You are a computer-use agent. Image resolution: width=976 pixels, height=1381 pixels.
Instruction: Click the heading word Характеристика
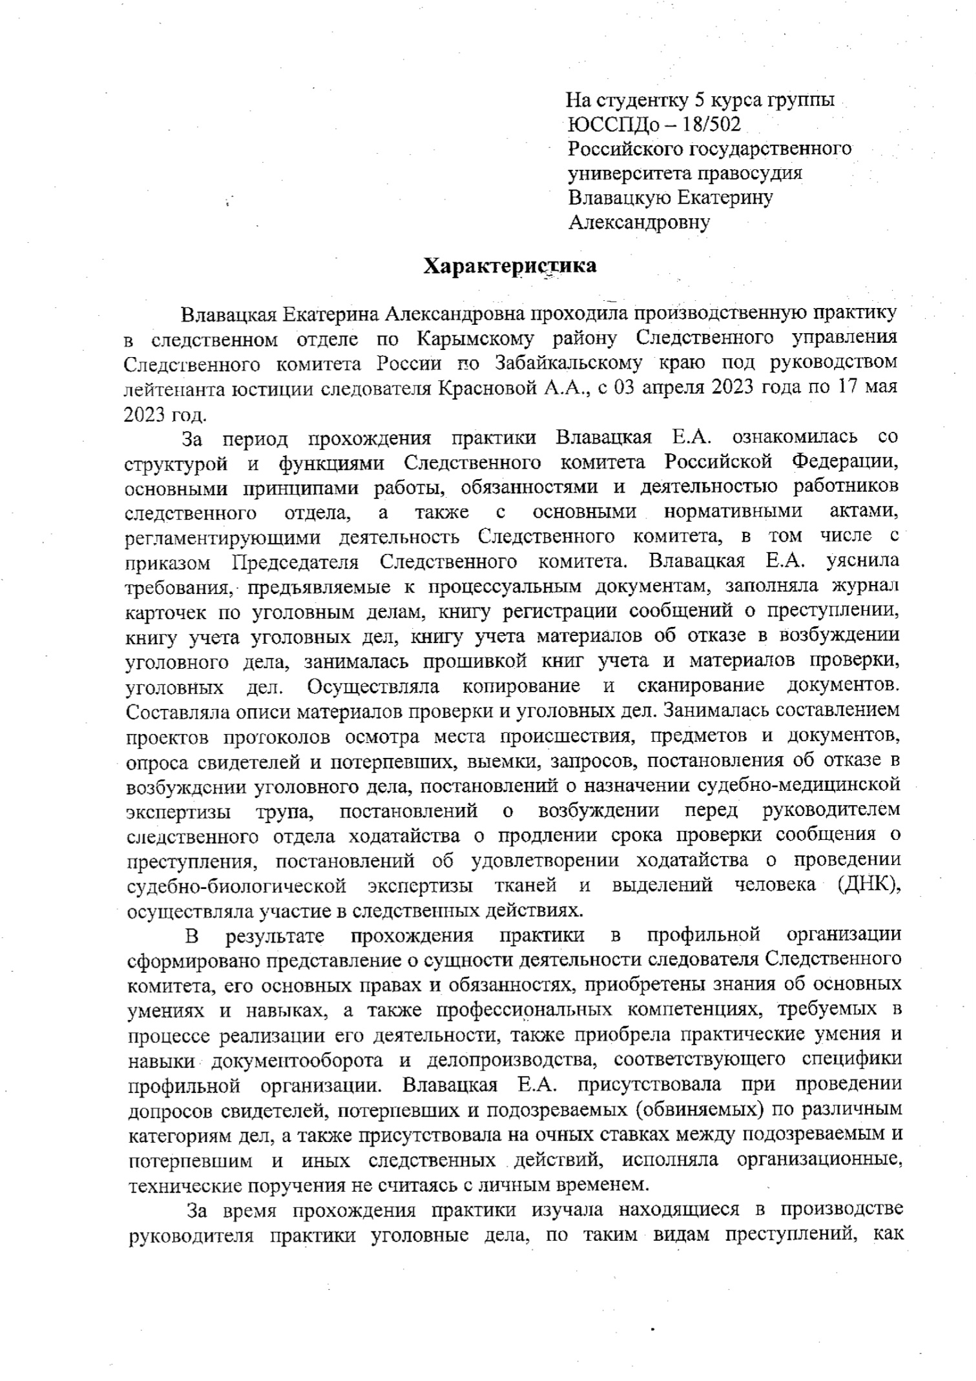point(510,266)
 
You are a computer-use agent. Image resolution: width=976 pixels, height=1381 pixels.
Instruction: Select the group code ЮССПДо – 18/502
point(654,124)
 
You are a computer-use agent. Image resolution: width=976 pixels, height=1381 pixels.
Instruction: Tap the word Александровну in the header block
point(639,223)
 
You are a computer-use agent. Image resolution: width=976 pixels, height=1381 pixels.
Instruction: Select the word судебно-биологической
point(234,885)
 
